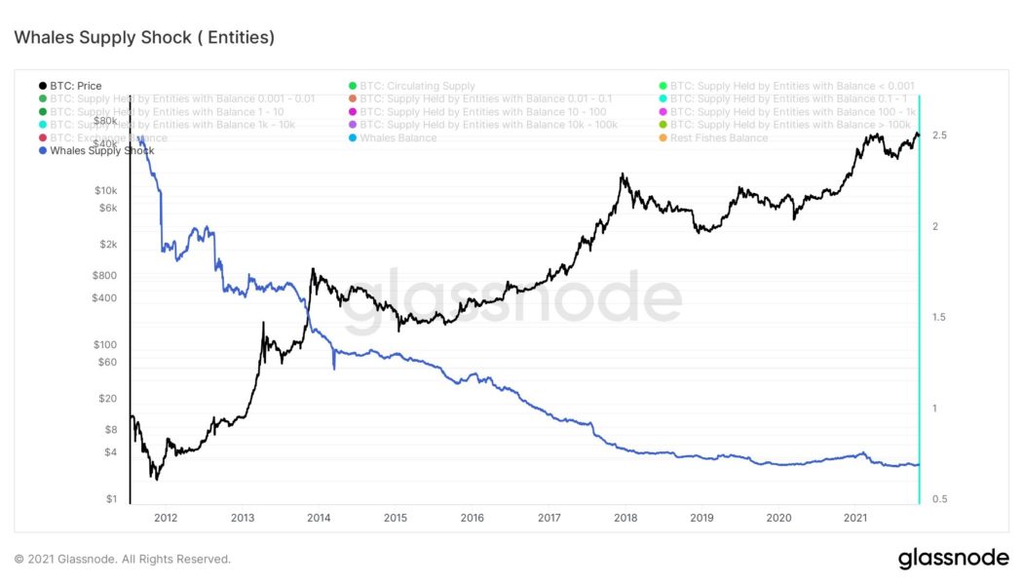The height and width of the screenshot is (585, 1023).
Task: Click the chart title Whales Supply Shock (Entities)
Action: coord(143,38)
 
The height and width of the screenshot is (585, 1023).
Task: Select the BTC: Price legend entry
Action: coord(75,86)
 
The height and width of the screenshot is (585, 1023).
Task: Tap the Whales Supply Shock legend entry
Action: coord(101,151)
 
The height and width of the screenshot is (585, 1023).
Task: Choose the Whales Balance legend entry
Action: coord(398,138)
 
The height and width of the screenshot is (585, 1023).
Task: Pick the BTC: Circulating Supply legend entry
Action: coord(417,86)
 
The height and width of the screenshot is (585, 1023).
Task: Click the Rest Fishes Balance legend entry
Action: coord(719,138)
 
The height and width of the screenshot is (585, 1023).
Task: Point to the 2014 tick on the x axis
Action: coord(318,518)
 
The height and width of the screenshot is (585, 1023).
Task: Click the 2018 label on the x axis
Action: coord(625,518)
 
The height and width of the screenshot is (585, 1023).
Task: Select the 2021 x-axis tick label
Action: coord(855,518)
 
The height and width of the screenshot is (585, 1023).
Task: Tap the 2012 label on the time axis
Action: coord(165,518)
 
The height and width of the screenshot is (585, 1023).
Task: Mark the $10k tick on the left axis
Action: coord(105,190)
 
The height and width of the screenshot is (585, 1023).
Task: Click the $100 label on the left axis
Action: coord(105,345)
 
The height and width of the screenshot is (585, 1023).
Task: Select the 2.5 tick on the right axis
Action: coord(939,135)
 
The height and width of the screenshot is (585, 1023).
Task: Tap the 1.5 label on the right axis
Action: coord(939,317)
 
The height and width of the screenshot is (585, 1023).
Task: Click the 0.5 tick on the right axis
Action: coord(939,499)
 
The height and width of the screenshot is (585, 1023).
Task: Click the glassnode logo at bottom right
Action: coord(952,559)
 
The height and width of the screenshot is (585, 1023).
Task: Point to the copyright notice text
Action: coord(123,560)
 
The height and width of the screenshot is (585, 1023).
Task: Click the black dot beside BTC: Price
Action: coord(42,86)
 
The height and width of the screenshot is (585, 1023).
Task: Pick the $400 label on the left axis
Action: coord(105,297)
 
